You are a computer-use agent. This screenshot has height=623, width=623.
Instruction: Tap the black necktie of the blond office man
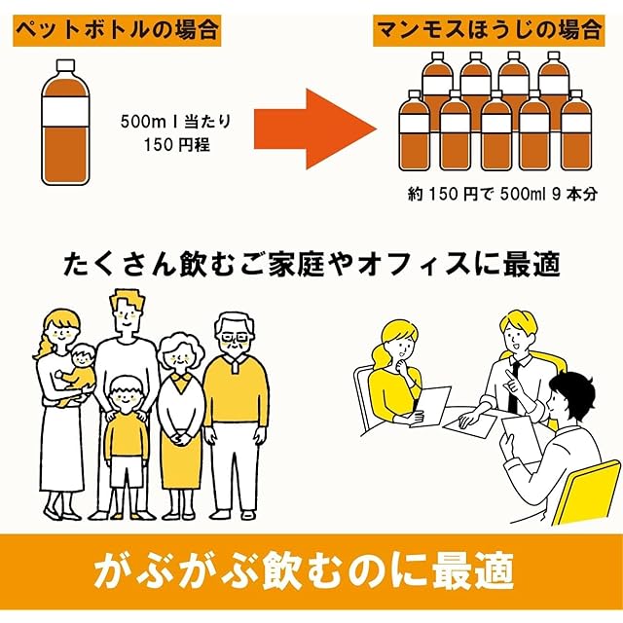(x=515, y=376)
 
